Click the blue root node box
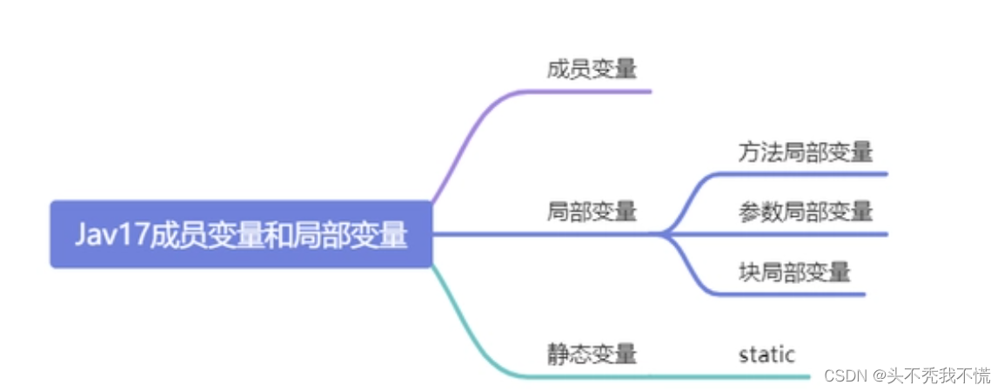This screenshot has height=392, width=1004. (x=241, y=234)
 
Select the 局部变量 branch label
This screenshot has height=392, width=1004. (x=592, y=212)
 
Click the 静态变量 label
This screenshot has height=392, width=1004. (x=592, y=354)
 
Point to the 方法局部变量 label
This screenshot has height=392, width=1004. (x=806, y=152)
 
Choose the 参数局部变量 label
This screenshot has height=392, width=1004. (x=806, y=212)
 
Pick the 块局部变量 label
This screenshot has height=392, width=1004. (x=793, y=272)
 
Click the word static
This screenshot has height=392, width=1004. (x=766, y=355)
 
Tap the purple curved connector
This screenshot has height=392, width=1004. (x=470, y=139)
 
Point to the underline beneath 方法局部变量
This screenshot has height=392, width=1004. (x=809, y=173)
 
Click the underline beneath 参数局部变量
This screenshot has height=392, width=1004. (x=809, y=234)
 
